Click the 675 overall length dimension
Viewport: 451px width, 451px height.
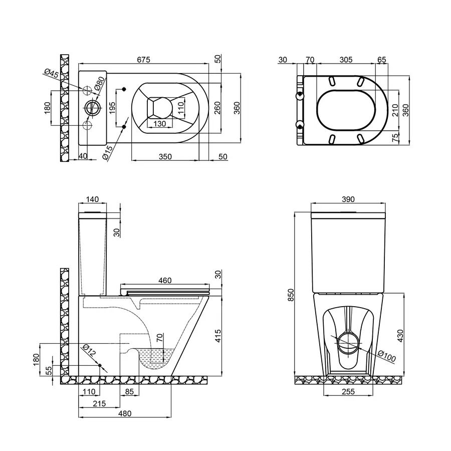(144, 60)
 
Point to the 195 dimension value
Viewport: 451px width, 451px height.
(112, 108)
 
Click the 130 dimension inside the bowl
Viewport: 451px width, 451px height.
(159, 124)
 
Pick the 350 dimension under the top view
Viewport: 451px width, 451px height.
(165, 156)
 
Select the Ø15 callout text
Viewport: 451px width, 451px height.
(109, 152)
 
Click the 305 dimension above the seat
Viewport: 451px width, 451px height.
(346, 60)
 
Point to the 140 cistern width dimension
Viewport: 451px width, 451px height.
(93, 199)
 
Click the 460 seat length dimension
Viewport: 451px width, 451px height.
(165, 280)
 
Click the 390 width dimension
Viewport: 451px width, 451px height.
(348, 199)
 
